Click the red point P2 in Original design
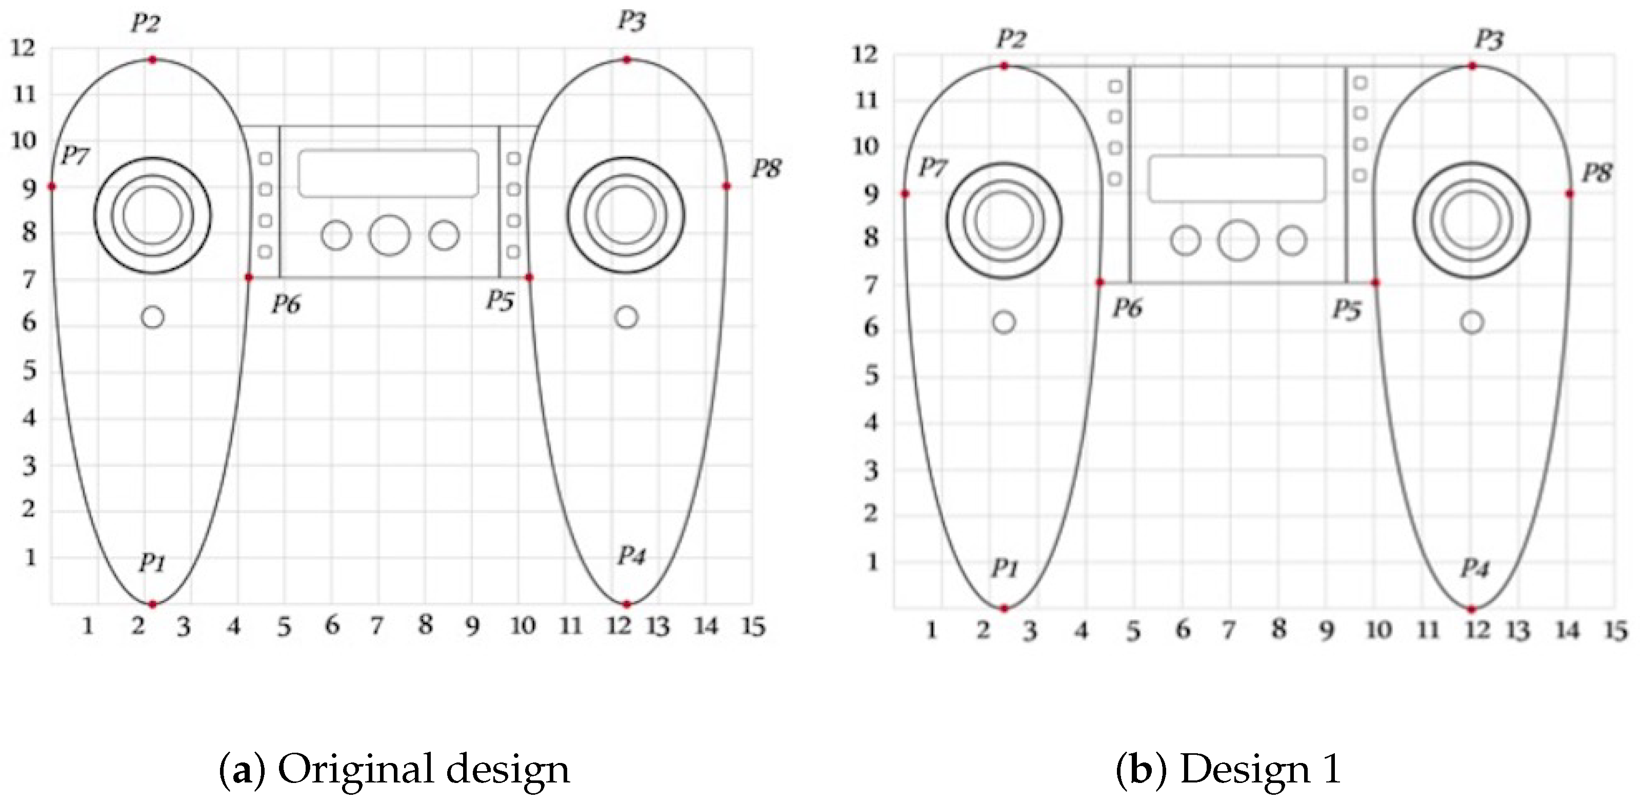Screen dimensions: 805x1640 (152, 60)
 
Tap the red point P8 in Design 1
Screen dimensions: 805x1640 (1569, 194)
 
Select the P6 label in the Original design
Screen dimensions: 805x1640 (286, 305)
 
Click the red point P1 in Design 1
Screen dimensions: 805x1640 (1004, 608)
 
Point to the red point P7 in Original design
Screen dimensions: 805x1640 (52, 187)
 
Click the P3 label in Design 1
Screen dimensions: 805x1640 (1489, 40)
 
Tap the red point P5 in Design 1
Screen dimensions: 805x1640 (1375, 282)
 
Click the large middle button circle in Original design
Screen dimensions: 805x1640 (389, 236)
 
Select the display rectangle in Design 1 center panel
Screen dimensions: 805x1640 (1236, 178)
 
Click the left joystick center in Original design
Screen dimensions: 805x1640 (153, 215)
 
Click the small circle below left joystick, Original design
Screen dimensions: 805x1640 (153, 317)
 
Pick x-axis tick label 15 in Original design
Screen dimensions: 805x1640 (753, 626)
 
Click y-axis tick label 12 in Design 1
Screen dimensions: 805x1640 (865, 55)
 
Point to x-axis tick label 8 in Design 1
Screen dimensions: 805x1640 (1278, 629)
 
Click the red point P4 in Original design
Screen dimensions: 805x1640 (627, 604)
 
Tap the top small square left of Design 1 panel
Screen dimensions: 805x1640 (1115, 86)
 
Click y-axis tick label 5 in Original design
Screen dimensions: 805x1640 (29, 370)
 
